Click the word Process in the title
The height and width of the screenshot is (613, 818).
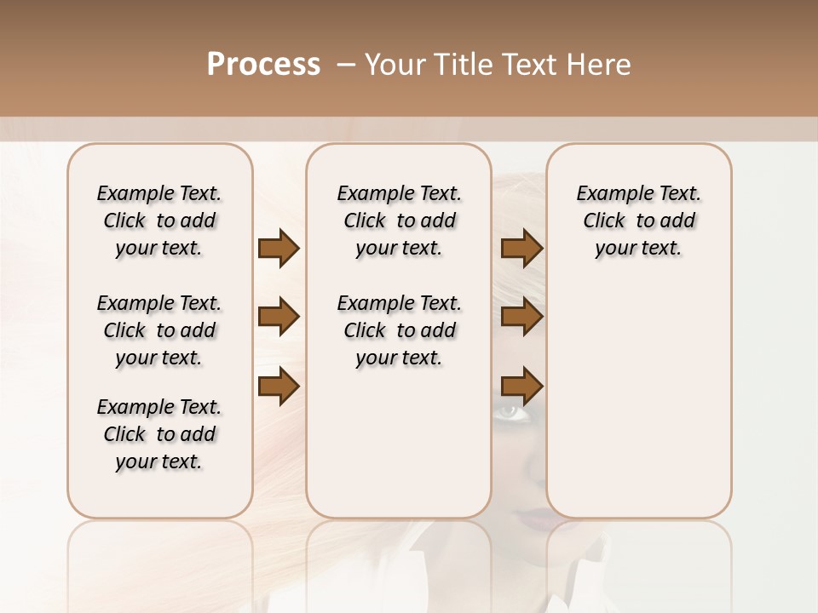[x=263, y=65]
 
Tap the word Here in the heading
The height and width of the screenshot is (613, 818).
[x=600, y=65]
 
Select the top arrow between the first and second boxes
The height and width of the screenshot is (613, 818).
[x=279, y=249]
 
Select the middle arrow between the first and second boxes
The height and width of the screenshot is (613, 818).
[x=279, y=318]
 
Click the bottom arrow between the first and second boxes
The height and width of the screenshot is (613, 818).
[x=279, y=387]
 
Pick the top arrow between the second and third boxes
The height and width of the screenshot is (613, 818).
[x=521, y=249]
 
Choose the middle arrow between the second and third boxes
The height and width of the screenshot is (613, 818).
[x=521, y=318]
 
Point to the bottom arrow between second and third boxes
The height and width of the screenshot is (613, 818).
[x=521, y=387]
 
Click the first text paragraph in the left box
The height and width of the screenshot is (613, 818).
[x=158, y=221]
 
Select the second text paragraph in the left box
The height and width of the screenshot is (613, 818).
[x=158, y=330]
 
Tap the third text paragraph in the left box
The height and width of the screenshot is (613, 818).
[x=158, y=434]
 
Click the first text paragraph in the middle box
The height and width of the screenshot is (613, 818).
[x=399, y=221]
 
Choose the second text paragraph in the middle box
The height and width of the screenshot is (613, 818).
[x=399, y=330]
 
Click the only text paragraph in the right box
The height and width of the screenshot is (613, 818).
[x=638, y=221]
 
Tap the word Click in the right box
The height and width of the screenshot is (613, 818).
[x=604, y=221]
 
